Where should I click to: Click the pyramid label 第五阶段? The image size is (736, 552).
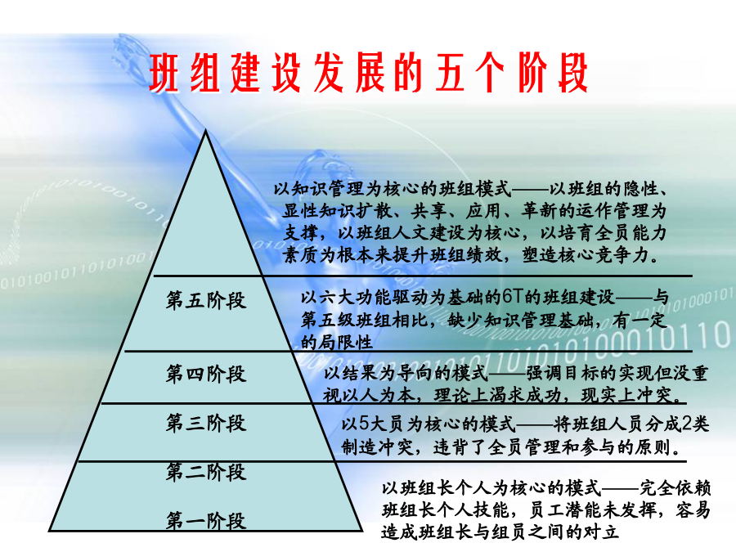(205, 300)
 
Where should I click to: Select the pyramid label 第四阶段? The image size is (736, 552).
(205, 374)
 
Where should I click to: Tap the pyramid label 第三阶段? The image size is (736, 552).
(205, 423)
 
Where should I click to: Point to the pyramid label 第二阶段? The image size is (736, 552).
(205, 472)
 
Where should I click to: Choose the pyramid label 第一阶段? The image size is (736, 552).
(205, 521)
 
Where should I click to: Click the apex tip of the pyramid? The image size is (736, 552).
(205, 131)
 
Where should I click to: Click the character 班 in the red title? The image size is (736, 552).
(164, 73)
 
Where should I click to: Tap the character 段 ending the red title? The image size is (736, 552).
(572, 73)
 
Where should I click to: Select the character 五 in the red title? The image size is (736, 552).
(450, 73)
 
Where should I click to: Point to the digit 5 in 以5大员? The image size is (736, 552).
(364, 424)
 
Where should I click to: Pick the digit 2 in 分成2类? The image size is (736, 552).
(687, 424)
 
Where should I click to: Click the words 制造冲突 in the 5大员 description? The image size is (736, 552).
(377, 447)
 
